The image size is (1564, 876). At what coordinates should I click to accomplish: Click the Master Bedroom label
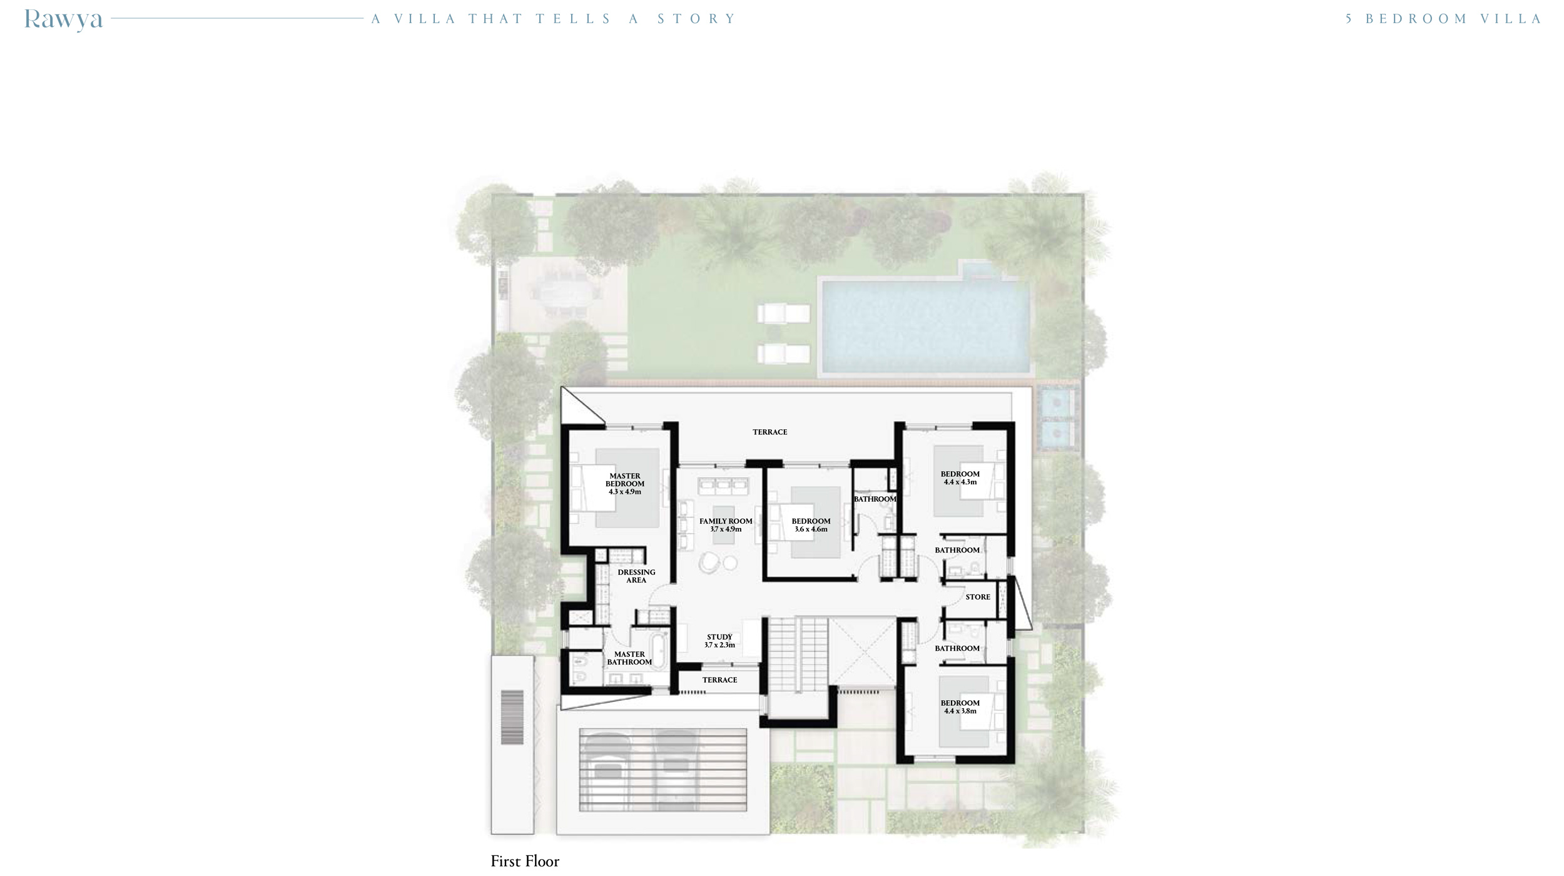coord(624,484)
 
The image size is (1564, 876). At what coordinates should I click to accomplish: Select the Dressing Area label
coord(636,576)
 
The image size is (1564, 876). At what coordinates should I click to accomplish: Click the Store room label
coord(977,597)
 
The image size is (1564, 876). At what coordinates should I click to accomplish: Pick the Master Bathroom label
coord(629,658)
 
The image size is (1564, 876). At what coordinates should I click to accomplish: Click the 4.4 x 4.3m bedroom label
coord(960,478)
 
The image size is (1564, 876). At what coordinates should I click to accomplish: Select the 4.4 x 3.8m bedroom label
coord(960,706)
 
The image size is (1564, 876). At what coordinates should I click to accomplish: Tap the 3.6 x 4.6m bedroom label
coord(811,525)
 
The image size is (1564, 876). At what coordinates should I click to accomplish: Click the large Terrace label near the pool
coord(769,432)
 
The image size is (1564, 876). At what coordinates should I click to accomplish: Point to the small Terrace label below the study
coord(719,680)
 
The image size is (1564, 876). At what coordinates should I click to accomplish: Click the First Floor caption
coord(525,862)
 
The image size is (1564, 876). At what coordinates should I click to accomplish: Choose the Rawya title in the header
coord(63,19)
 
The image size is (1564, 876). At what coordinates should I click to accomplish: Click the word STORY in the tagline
coord(696,19)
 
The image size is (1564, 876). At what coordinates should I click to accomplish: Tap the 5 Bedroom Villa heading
coord(1443,19)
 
